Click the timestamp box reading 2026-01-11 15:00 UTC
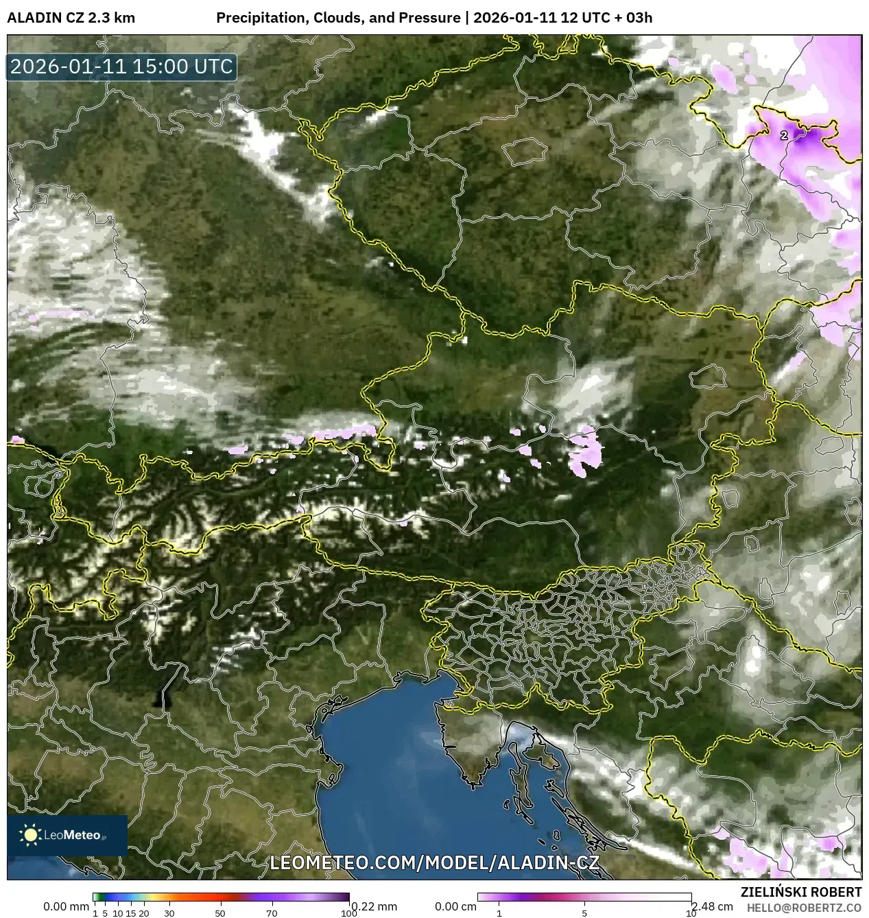point(121,67)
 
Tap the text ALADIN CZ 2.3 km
point(71,18)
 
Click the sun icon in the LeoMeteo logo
point(31,835)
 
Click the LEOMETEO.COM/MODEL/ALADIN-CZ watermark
point(434,862)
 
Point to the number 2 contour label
point(784,136)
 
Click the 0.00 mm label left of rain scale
point(66,906)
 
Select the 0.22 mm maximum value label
point(374,906)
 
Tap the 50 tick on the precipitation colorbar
point(220,913)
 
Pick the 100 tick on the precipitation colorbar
point(349,913)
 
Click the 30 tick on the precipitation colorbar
point(169,913)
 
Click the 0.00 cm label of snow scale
point(455,906)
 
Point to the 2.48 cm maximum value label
point(712,906)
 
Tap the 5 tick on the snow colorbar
point(584,913)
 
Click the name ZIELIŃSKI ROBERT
point(800,892)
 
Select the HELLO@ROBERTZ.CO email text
point(804,908)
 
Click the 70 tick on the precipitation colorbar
point(272,913)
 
